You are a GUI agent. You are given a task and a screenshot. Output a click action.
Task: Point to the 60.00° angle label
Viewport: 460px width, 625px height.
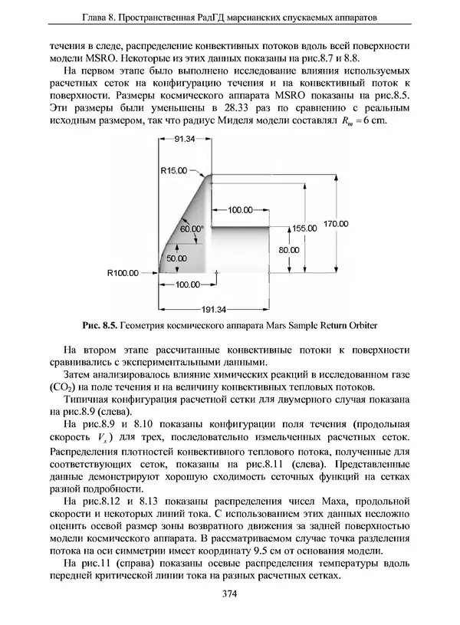point(192,229)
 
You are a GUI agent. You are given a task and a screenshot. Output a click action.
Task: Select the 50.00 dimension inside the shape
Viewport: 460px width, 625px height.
point(176,259)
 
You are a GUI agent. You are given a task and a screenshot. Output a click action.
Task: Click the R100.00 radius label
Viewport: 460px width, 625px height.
point(123,271)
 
